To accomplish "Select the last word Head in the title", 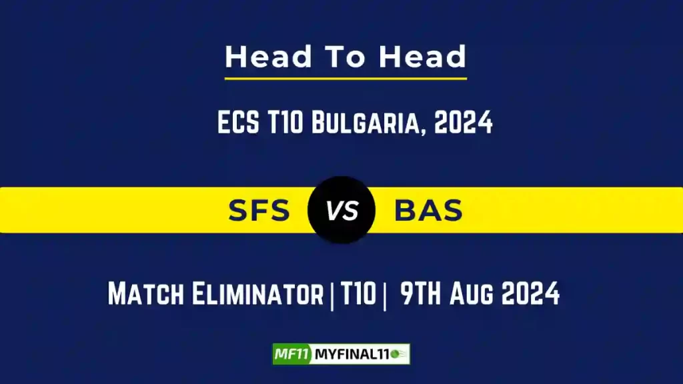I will click(423, 57).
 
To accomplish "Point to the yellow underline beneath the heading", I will click(346, 79).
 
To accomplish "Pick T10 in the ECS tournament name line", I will click(285, 123).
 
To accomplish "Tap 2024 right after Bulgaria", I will click(464, 123).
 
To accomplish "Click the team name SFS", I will click(259, 211).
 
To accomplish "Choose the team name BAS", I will click(428, 211).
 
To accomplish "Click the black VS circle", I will click(341, 210).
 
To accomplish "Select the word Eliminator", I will click(258, 294).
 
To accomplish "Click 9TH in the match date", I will click(422, 294).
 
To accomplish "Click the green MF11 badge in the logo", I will click(292, 354).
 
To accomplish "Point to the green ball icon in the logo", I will click(400, 354).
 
